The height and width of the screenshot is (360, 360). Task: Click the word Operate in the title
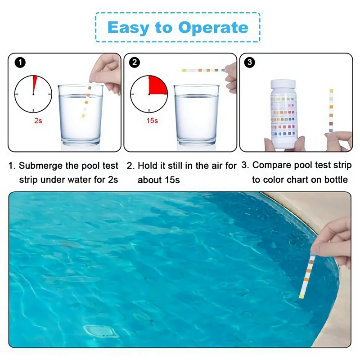[x=213, y=28]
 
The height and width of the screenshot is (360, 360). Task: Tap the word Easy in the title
[x=128, y=28]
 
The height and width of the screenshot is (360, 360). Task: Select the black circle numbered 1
[x=20, y=63]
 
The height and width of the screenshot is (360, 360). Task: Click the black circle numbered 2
[x=135, y=63]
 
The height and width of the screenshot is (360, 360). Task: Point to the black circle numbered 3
[x=250, y=62]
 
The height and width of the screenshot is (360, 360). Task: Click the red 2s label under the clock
[x=38, y=121]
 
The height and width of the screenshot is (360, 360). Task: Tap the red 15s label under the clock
[x=152, y=121]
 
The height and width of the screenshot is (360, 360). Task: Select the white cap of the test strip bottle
[x=283, y=84]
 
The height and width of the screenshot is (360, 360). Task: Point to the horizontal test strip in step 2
[x=203, y=70]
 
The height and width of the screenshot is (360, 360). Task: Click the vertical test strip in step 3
[x=331, y=110]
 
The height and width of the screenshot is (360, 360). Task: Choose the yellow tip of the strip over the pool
[x=301, y=297]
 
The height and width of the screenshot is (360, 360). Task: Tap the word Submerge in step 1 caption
[x=40, y=166]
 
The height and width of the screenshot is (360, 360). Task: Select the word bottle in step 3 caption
[x=336, y=180]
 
